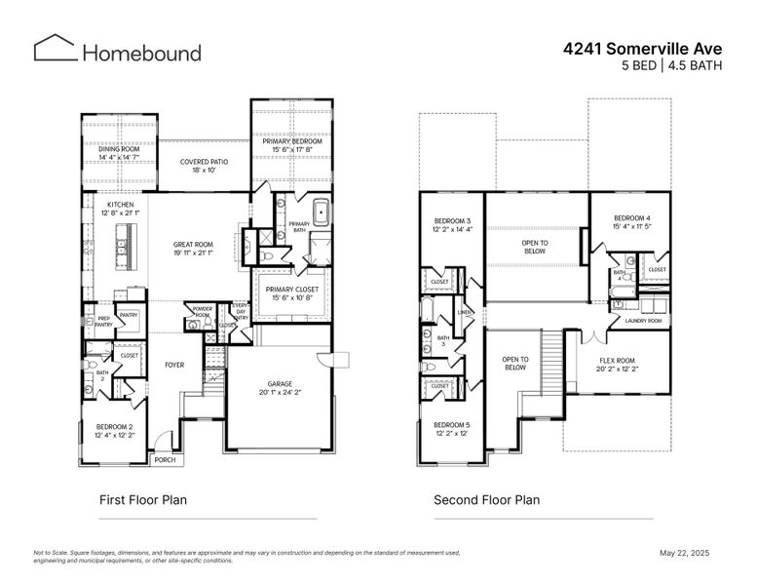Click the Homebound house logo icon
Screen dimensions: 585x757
tap(55, 49)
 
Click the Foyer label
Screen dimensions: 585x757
tap(173, 366)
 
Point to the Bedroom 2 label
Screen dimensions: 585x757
tap(115, 431)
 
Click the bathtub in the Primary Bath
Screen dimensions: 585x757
tap(322, 213)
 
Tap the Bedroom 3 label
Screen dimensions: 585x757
tap(452, 225)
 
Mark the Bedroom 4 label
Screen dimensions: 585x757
tap(632, 221)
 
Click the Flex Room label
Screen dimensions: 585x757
tap(616, 365)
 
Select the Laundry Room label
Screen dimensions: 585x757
tap(643, 321)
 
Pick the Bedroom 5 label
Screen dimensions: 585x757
tap(452, 429)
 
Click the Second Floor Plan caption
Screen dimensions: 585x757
tap(486, 500)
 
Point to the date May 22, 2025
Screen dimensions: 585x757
tap(685, 553)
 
